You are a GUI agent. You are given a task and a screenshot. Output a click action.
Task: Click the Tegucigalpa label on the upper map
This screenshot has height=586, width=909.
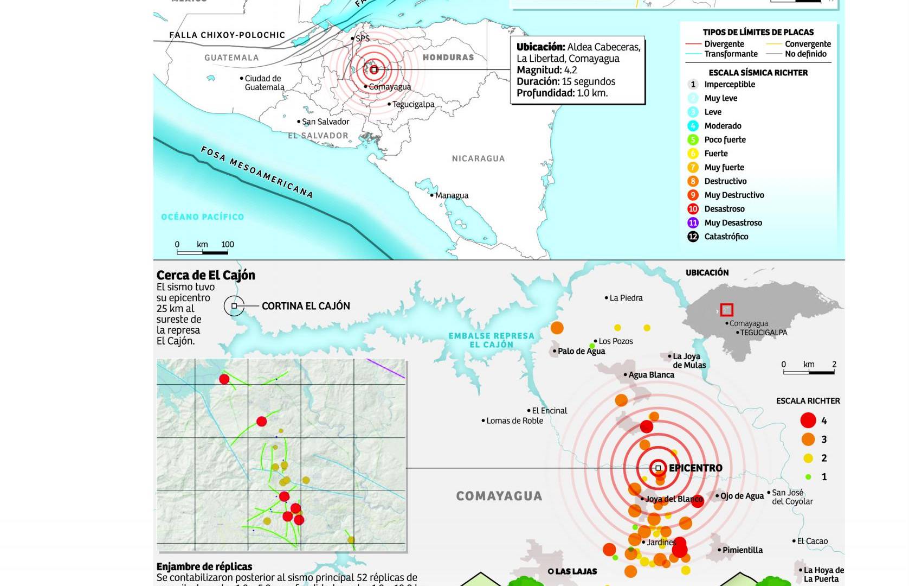pos(413,104)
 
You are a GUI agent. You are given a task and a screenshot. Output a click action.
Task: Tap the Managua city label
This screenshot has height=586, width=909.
pos(452,195)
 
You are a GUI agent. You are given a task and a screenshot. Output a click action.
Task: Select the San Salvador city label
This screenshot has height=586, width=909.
pos(325,122)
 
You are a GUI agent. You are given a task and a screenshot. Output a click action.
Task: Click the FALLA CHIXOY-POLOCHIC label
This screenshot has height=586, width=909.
pos(227,35)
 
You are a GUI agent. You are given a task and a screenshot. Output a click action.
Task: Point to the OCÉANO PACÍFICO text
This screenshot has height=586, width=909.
pos(202,216)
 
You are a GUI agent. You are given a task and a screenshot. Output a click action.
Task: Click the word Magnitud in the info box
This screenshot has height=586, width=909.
pos(538,70)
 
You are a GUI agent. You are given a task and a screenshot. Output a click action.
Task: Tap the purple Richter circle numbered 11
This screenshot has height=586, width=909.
pos(693,222)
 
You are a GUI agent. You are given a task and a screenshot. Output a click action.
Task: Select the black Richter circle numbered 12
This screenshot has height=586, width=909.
pos(693,237)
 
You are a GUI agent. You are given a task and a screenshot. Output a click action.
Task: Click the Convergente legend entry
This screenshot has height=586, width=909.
pos(807,44)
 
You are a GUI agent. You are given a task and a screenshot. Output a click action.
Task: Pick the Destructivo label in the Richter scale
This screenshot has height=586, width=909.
pos(725,181)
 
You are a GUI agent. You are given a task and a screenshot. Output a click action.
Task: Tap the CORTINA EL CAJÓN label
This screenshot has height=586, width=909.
pos(306,306)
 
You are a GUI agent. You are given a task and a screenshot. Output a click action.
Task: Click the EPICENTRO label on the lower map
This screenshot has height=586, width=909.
pos(695,468)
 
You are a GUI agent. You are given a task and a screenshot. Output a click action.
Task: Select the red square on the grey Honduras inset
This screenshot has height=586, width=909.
pos(727,310)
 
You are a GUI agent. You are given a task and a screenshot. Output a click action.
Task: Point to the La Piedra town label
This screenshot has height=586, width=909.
pos(626,298)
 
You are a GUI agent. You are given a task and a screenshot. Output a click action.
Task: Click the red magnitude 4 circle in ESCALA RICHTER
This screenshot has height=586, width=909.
pos(808,421)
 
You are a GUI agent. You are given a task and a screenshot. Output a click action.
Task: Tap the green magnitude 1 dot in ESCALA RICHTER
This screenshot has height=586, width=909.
pos(808,477)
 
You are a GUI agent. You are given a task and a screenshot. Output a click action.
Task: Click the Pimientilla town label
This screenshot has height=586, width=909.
pos(742,550)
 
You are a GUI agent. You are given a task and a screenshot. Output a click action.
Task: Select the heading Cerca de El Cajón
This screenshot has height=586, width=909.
pos(205,275)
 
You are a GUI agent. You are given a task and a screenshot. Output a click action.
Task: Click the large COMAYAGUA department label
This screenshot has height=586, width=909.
pos(499,496)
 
